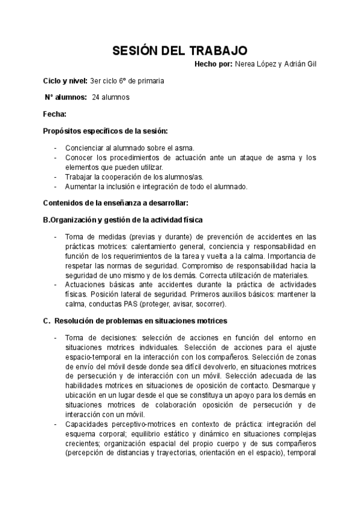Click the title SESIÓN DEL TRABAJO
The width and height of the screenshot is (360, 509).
pyautogui.click(x=180, y=51)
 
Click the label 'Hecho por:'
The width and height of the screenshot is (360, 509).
pyautogui.click(x=213, y=64)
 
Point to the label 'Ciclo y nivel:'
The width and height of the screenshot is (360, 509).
pyautogui.click(x=65, y=80)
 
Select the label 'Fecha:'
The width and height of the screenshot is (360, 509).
pyautogui.click(x=55, y=113)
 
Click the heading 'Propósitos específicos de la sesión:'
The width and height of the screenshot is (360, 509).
pyautogui.click(x=106, y=130)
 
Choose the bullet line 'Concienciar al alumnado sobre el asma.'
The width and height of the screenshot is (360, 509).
pyautogui.click(x=130, y=148)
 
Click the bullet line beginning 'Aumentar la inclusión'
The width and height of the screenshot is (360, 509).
pyautogui.click(x=156, y=187)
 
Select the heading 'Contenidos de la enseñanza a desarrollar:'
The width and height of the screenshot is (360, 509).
pyautogui.click(x=116, y=203)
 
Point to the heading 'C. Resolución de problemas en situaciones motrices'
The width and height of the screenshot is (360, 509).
pyautogui.click(x=135, y=321)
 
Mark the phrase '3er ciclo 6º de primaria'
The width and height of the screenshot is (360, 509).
pyautogui.click(x=127, y=80)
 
